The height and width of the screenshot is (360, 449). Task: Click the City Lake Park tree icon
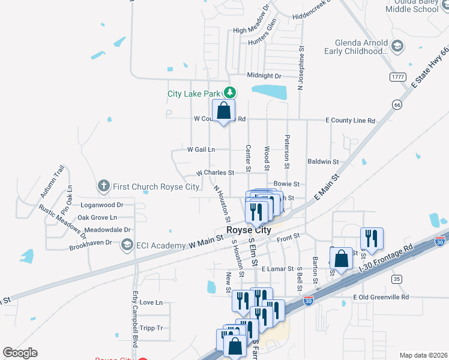click(x=229, y=92)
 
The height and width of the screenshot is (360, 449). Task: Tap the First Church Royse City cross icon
click(x=104, y=187)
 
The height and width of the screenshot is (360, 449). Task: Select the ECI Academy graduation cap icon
click(x=127, y=245)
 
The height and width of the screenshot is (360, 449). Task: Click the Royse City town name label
click(x=249, y=230)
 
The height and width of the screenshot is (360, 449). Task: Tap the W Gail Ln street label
click(x=201, y=149)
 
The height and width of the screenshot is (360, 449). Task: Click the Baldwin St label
click(x=323, y=162)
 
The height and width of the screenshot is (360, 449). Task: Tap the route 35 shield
click(x=396, y=279)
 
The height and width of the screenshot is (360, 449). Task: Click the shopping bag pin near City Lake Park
click(x=223, y=111)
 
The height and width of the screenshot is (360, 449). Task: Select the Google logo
click(x=20, y=353)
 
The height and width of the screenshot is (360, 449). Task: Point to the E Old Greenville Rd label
click(x=381, y=297)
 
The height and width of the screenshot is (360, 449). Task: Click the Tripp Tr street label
click(x=151, y=328)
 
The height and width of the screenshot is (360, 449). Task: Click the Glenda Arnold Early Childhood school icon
click(x=396, y=46)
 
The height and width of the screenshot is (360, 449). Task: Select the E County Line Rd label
click(x=350, y=121)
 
